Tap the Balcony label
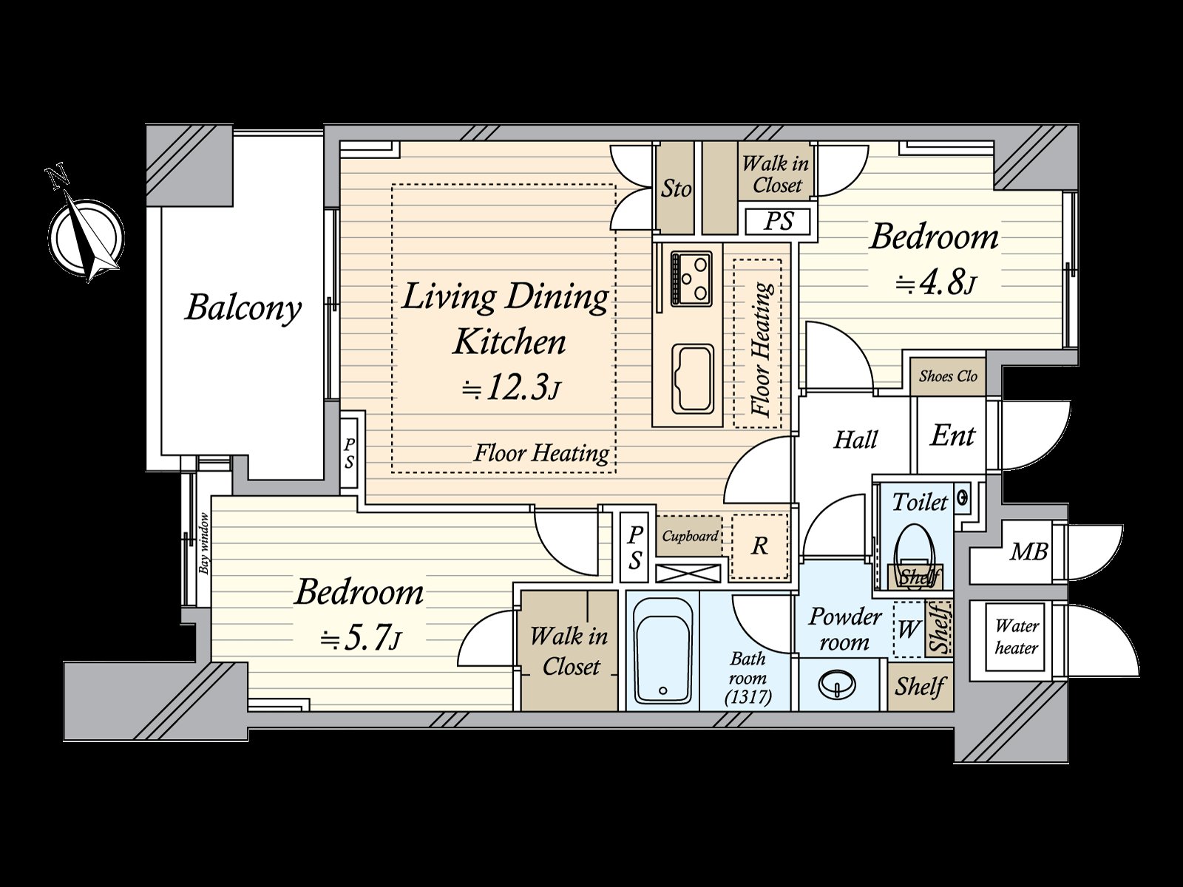point(243,308)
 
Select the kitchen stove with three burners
point(691,279)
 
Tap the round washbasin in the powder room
point(836,684)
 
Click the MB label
point(1029,551)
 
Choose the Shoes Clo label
point(948,376)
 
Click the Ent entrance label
point(952,435)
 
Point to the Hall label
point(856,440)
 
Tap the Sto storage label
point(676,188)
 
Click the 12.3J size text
point(510,387)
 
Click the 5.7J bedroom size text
point(360,640)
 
